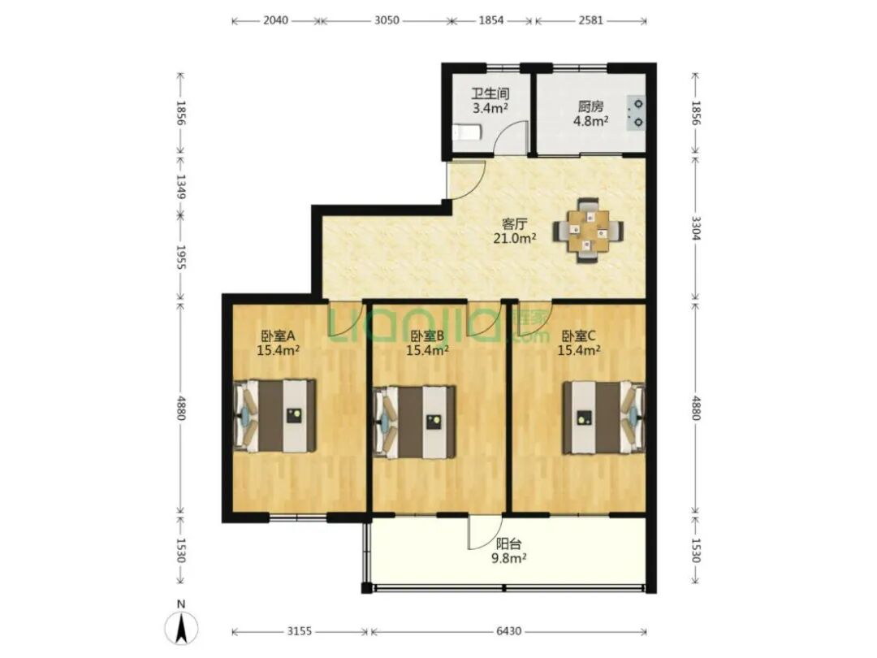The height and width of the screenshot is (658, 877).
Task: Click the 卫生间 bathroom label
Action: click(490, 93)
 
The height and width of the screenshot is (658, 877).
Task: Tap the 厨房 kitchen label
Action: click(590, 106)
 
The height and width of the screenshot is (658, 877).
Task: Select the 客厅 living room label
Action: click(515, 224)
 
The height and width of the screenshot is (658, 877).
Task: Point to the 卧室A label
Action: click(278, 336)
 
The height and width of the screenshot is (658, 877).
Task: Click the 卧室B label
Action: click(427, 336)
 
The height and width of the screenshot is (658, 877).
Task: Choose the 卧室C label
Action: click(579, 336)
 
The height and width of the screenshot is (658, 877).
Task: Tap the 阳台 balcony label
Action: click(509, 543)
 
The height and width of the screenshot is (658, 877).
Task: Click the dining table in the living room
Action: click(589, 230)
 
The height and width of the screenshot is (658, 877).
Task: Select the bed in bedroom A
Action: click(274, 416)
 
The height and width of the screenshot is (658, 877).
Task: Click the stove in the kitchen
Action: click(637, 113)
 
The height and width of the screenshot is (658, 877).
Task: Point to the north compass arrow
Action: click(180, 628)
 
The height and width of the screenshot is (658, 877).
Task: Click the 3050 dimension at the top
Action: click(387, 20)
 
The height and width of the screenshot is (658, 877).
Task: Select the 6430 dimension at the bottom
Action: click(508, 632)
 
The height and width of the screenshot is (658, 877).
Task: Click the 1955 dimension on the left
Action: click(180, 258)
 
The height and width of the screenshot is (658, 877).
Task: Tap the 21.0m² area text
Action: click(515, 239)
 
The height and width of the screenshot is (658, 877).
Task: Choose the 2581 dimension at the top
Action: click(590, 20)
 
